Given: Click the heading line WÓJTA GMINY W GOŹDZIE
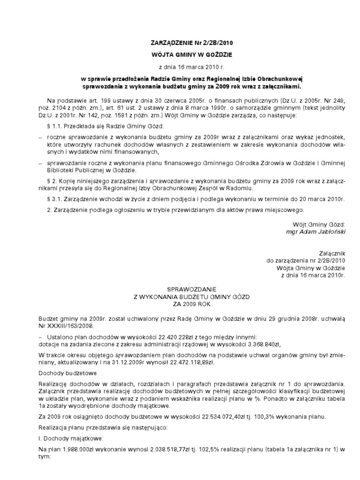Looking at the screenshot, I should tap(180, 55).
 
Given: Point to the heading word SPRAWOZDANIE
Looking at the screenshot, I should tap(180, 290).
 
